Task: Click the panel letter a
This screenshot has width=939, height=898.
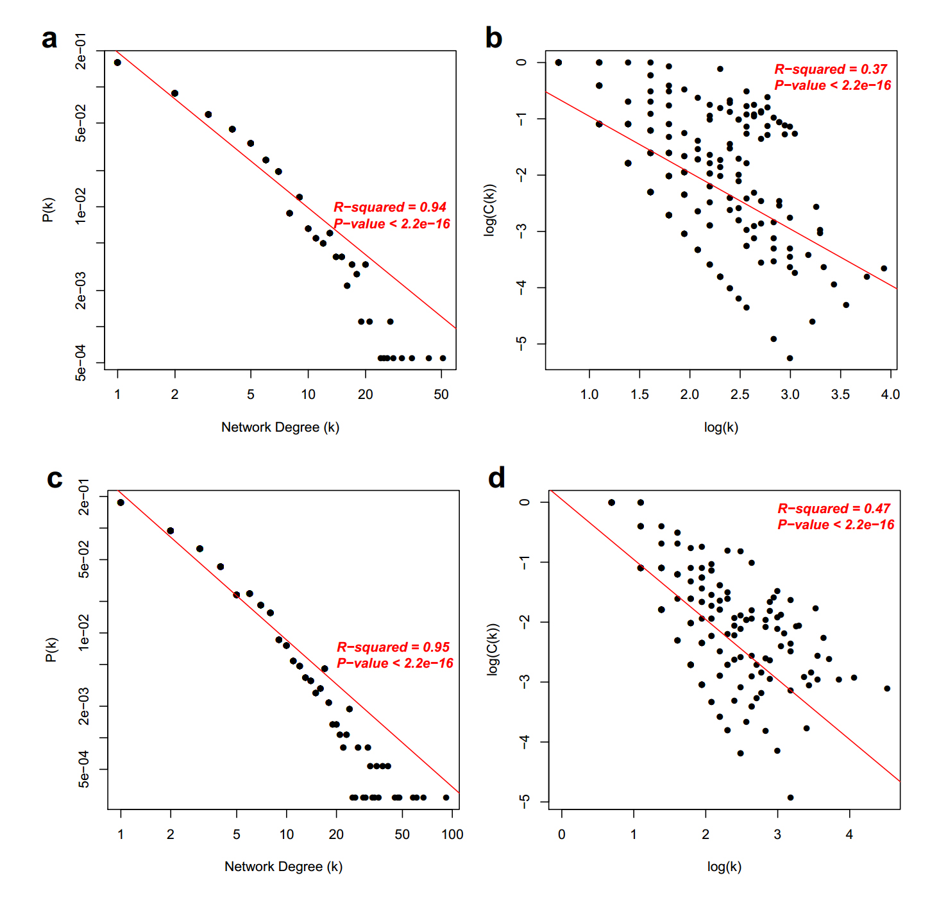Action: tap(49, 39)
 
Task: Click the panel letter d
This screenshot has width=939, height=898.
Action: tap(496, 479)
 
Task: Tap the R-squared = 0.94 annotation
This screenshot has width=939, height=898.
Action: tap(389, 207)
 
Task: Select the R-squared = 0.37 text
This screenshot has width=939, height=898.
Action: tap(830, 69)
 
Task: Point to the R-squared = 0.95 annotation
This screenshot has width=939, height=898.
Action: tap(393, 647)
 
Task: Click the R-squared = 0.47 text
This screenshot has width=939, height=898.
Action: tap(833, 509)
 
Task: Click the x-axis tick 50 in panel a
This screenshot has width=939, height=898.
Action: tap(441, 394)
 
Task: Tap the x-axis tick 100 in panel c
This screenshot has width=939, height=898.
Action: tap(452, 834)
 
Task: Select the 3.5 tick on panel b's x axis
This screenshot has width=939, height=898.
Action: tap(840, 394)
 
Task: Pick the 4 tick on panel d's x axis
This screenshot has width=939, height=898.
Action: tap(849, 834)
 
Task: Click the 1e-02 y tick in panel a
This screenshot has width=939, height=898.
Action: tap(81, 206)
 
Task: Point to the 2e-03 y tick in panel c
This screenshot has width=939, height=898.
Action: tap(84, 706)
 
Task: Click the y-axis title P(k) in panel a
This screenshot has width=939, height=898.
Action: tap(48, 210)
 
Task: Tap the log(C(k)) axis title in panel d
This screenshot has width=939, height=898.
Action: tap(493, 649)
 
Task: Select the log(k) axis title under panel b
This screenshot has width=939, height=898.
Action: tap(721, 427)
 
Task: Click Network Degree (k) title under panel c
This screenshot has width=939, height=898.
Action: tap(283, 867)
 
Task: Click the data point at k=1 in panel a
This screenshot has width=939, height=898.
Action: tap(117, 62)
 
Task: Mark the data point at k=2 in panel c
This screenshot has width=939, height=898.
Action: tap(171, 531)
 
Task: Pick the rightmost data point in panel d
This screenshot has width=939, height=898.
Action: tap(887, 688)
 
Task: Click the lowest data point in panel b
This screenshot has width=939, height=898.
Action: tap(790, 358)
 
